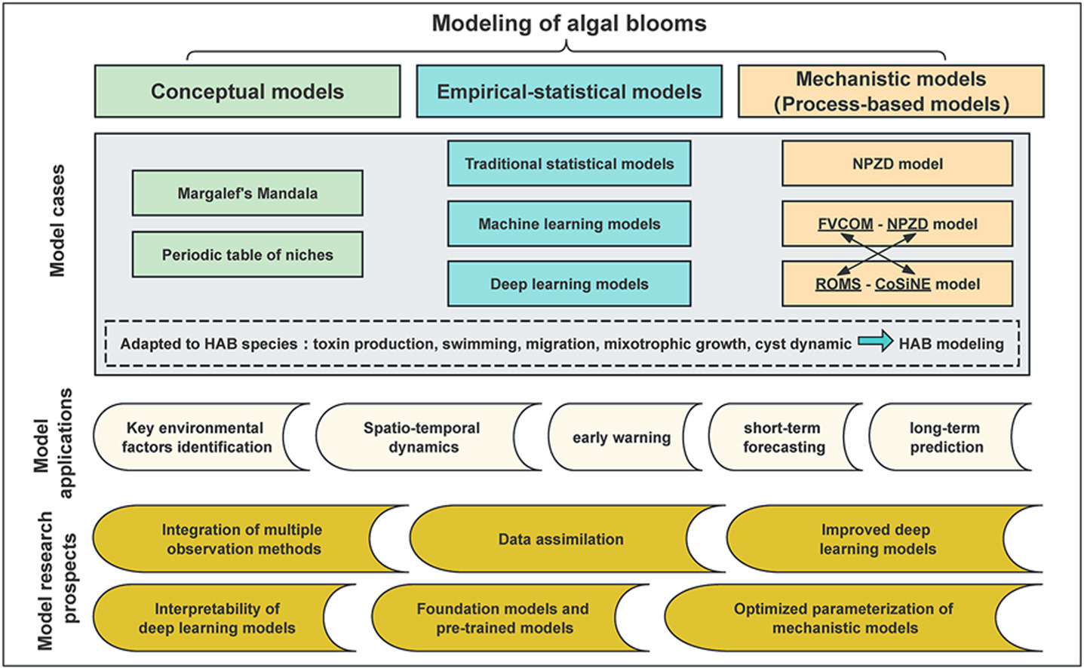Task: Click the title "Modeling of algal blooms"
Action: (x=569, y=23)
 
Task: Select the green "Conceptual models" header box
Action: (x=247, y=91)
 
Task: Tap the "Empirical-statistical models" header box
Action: (x=569, y=91)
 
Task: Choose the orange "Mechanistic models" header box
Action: (x=891, y=91)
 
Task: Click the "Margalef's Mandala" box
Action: (x=247, y=193)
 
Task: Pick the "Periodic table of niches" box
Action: (x=247, y=255)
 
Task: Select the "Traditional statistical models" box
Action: (x=569, y=164)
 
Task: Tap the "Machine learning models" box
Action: (x=569, y=224)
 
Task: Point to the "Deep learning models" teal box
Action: (x=569, y=284)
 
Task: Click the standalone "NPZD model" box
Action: (x=897, y=164)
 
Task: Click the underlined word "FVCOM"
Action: (x=845, y=224)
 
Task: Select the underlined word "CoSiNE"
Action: (x=902, y=284)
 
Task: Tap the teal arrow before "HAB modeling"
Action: (x=875, y=343)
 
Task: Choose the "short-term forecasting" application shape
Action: (x=783, y=437)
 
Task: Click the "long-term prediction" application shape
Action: (x=946, y=437)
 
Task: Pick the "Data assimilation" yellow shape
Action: (x=560, y=539)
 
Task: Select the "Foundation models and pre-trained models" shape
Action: (x=502, y=618)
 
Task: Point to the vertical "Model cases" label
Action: (x=57, y=220)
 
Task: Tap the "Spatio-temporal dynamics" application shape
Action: (x=422, y=437)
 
